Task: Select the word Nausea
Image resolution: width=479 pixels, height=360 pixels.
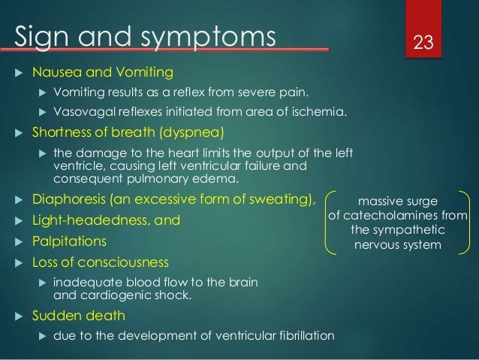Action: pyautogui.click(x=58, y=73)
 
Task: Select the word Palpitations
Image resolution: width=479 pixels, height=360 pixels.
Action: pyautogui.click(x=69, y=242)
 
